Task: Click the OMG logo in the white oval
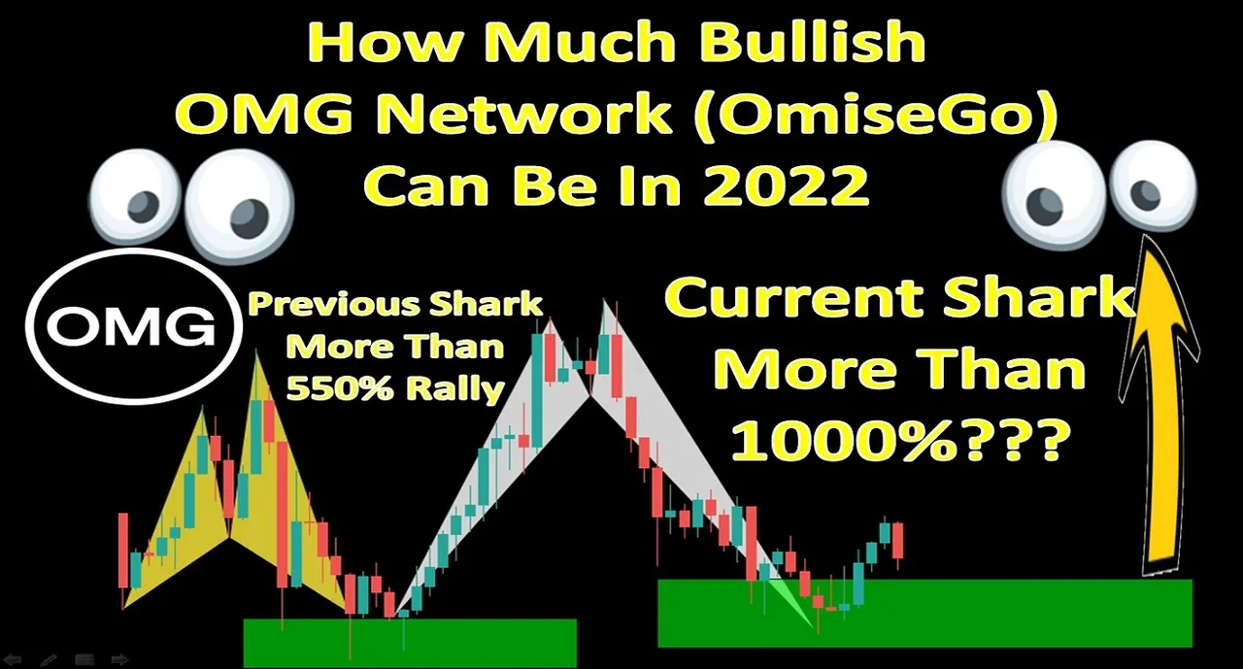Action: pos(131,326)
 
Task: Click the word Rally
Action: pos(455,390)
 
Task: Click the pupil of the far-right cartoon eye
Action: pos(1145,194)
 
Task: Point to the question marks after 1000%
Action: pos(1011,442)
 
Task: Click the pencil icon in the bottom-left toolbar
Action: pos(49,660)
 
